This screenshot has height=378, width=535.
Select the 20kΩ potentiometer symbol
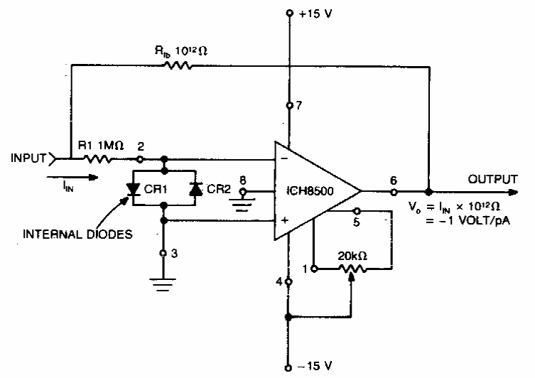click(x=353, y=269)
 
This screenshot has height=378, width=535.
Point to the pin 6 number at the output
click(x=394, y=180)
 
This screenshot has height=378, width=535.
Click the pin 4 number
click(x=280, y=282)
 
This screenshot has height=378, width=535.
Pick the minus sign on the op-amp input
click(x=284, y=161)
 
